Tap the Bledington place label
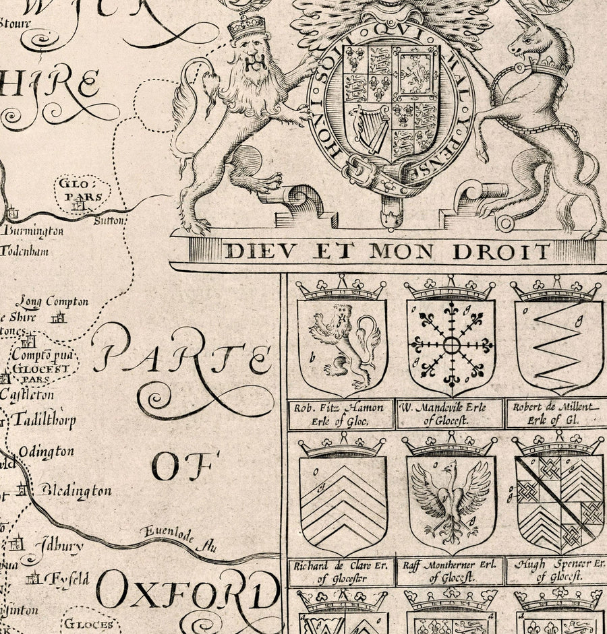(74, 490)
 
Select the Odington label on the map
(47, 451)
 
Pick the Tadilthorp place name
(47, 419)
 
